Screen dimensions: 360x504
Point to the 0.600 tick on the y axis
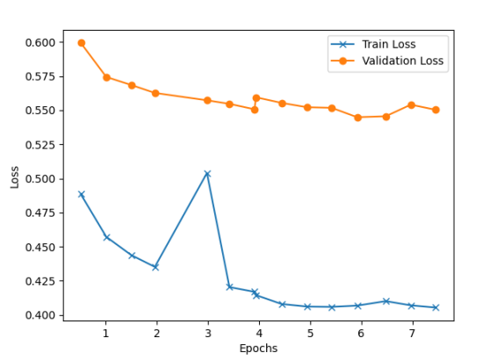coord(40,42)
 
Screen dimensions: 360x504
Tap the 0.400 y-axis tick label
coord(40,315)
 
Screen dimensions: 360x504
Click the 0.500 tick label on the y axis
coord(40,179)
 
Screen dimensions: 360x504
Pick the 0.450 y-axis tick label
coord(40,248)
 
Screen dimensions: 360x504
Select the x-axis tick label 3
coord(208,334)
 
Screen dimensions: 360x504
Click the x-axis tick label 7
coord(412,334)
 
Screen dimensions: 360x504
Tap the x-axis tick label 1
coord(106,334)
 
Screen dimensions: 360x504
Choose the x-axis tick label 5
coord(310,334)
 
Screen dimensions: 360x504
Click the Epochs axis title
coord(258,349)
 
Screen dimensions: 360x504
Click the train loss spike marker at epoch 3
coord(207,174)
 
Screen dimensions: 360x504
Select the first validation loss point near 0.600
coord(82,43)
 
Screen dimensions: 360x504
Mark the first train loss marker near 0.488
coord(82,195)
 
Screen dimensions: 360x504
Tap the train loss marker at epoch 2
coord(155,267)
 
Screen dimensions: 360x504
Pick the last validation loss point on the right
coord(436,110)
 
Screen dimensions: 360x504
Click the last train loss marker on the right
coord(436,307)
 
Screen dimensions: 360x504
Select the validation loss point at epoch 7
coord(411,104)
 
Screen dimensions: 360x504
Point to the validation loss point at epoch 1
coord(106,77)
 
